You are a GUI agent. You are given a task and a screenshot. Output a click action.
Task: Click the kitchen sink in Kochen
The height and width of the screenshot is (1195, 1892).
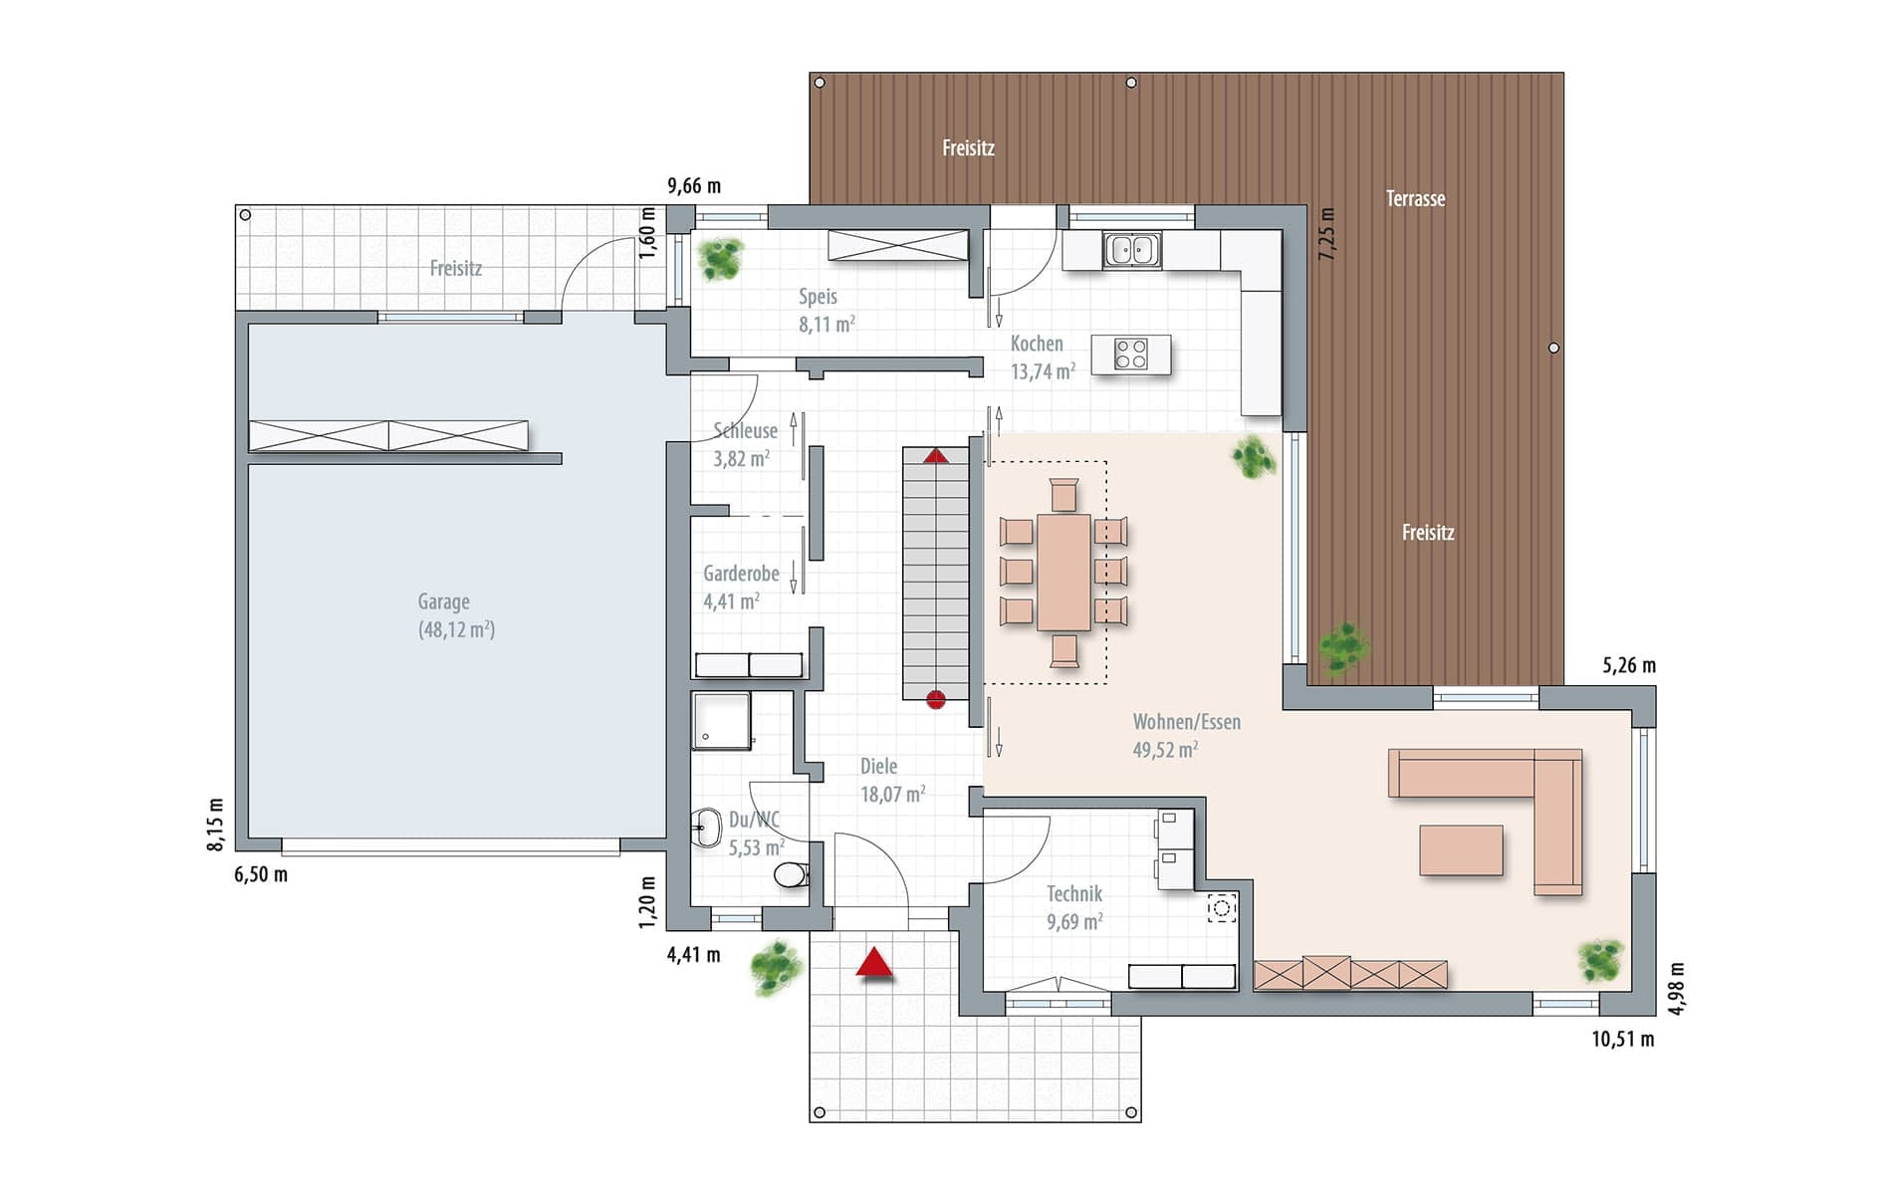tap(1132, 250)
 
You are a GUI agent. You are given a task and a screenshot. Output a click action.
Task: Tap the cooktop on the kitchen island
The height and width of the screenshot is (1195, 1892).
tap(1131, 354)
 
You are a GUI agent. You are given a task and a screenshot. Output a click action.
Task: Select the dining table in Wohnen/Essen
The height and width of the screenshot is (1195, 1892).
tap(1064, 572)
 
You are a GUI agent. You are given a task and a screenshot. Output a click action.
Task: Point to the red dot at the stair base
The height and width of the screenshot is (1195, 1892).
tap(935, 700)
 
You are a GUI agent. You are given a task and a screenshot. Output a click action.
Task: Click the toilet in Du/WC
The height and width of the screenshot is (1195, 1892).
tap(792, 875)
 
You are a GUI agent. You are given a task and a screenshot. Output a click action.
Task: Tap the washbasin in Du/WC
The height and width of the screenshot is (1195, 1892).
tap(706, 828)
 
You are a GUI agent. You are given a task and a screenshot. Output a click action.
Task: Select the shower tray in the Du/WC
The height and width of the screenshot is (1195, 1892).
tap(721, 721)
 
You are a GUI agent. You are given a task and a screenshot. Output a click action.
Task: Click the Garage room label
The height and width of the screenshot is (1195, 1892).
tap(443, 601)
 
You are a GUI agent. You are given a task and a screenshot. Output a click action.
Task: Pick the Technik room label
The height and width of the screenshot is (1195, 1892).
tap(1074, 893)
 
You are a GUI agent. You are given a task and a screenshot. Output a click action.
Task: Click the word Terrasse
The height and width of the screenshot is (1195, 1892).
tap(1415, 198)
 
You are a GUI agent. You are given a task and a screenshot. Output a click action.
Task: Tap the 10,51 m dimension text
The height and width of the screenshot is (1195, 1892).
tap(1623, 1040)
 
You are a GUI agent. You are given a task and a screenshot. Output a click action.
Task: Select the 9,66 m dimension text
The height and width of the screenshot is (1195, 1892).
tap(694, 185)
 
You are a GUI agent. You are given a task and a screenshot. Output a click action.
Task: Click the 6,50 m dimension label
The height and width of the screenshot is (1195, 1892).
tap(261, 874)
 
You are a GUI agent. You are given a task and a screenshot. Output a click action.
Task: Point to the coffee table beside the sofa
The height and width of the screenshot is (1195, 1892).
tap(1461, 850)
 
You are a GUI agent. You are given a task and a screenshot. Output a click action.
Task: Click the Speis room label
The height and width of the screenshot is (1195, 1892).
tap(818, 297)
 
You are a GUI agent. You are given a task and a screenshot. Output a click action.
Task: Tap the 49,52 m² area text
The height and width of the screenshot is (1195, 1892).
tap(1165, 750)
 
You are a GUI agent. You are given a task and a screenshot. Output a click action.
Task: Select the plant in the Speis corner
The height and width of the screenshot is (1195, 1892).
tap(720, 258)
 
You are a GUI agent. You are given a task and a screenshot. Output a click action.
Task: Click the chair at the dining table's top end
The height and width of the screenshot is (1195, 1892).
tap(1064, 495)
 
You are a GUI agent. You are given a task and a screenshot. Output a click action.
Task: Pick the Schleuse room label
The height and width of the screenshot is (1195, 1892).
tap(745, 431)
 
